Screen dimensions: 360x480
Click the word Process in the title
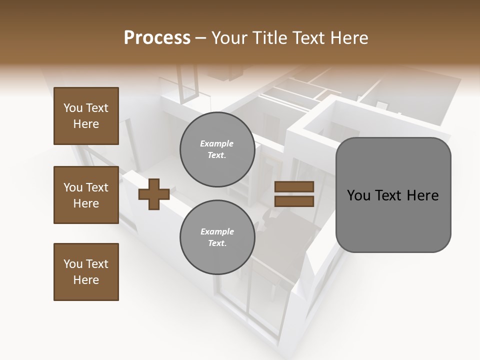157,38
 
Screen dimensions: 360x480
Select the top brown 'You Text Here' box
86,116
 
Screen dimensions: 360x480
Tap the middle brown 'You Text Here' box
86,195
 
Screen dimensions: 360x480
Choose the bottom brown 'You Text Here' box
86,272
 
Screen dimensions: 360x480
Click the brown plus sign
153,194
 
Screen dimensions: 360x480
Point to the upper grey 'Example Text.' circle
217,149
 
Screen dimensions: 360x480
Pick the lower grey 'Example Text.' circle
217,237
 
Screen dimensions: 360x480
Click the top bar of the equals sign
294,187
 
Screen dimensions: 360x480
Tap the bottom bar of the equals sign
294,201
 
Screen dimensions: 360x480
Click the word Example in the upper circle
217,143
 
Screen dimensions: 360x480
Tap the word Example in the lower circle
217,231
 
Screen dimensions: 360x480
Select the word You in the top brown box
72,108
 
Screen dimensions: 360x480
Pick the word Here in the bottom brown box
86,280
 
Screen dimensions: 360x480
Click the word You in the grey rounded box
358,195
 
